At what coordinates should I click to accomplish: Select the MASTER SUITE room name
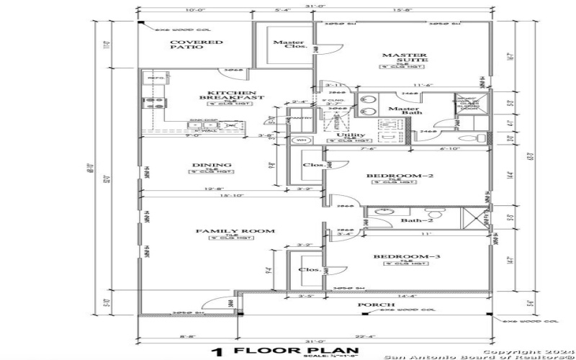tap(404, 58)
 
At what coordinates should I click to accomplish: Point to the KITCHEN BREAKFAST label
tap(231, 95)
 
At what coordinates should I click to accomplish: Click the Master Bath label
tap(403, 109)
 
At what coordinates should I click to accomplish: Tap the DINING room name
tap(207, 165)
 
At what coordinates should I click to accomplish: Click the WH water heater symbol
tap(302, 140)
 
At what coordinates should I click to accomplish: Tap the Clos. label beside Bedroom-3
tap(308, 270)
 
